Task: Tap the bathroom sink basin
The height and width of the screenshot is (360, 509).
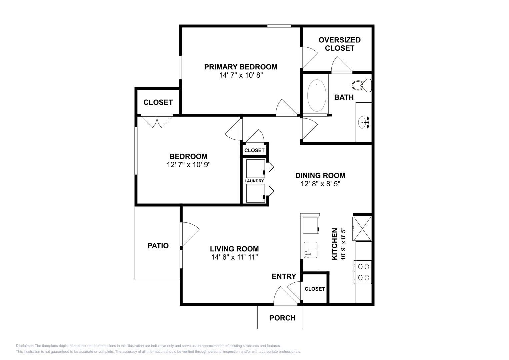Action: pyautogui.click(x=363, y=123)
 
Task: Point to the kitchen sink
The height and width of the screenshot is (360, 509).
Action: pyautogui.click(x=311, y=250)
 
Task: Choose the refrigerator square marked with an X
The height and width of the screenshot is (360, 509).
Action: pyautogui.click(x=362, y=228)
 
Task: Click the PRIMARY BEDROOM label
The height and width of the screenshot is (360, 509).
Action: pyautogui.click(x=241, y=67)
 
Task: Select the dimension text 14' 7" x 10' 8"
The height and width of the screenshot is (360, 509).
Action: pyautogui.click(x=241, y=75)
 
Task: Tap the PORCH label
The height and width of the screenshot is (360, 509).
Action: pyautogui.click(x=282, y=318)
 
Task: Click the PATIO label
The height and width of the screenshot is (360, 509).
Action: pyautogui.click(x=158, y=246)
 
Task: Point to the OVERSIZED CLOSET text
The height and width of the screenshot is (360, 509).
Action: pyautogui.click(x=339, y=44)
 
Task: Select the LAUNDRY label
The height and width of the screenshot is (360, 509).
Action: pyautogui.click(x=254, y=181)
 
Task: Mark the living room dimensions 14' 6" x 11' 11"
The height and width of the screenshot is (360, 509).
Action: pyautogui.click(x=234, y=257)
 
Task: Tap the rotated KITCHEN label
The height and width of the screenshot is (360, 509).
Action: pyautogui.click(x=334, y=244)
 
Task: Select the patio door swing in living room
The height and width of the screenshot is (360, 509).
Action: pyautogui.click(x=189, y=233)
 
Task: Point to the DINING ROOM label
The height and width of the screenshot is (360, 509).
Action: pyautogui.click(x=320, y=175)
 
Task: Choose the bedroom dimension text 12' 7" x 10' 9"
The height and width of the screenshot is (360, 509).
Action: pyautogui.click(x=189, y=165)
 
